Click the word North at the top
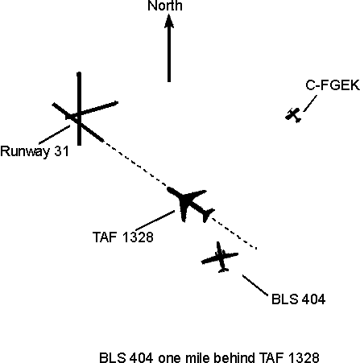[165, 6]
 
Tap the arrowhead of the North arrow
[169, 21]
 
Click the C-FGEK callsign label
[333, 85]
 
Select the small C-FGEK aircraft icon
[293, 115]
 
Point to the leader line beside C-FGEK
[310, 103]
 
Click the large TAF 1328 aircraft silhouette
[191, 204]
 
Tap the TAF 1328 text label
[123, 237]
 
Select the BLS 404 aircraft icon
[220, 258]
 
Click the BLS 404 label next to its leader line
[298, 299]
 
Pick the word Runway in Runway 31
[25, 151]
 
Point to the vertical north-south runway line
[79, 109]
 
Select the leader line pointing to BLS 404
[255, 285]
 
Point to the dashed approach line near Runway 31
[134, 163]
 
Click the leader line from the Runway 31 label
[55, 134]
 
